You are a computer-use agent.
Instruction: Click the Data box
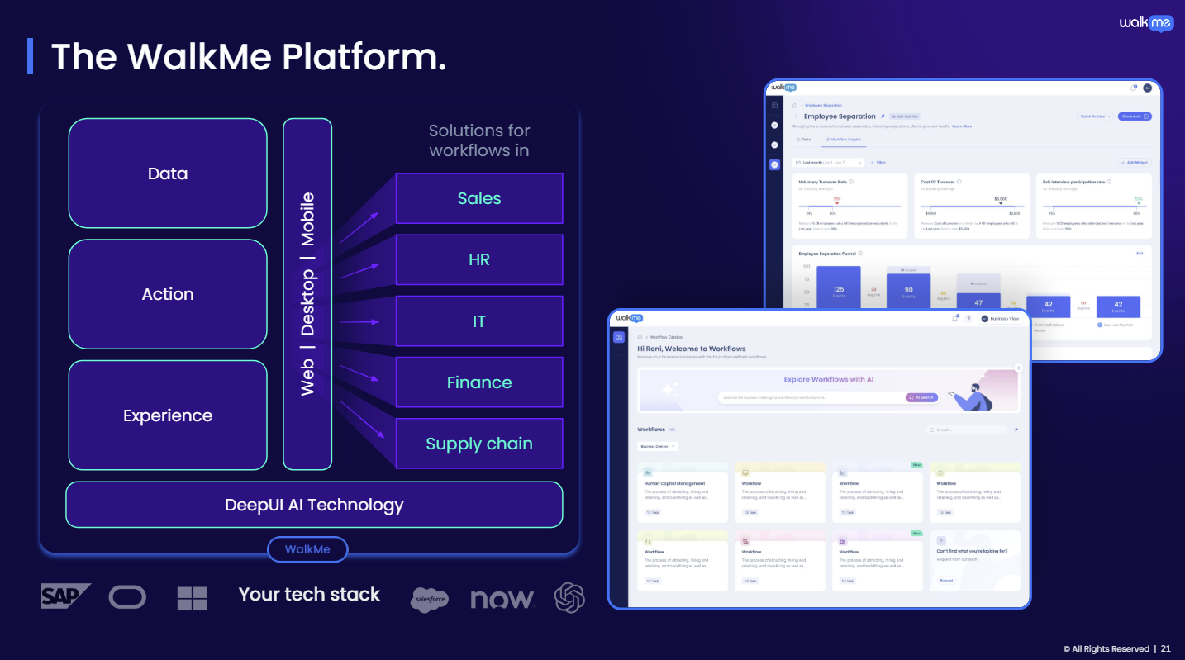tap(168, 173)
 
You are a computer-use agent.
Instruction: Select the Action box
tap(168, 294)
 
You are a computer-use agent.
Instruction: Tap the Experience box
tap(168, 415)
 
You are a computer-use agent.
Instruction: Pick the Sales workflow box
tap(479, 198)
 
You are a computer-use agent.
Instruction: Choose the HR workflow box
tap(479, 259)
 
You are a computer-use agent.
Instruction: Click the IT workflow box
tap(479, 321)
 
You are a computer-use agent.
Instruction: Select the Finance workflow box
tap(479, 382)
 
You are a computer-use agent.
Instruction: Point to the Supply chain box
tap(479, 444)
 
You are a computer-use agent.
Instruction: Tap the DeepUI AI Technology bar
tap(314, 505)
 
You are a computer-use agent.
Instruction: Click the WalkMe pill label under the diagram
tap(307, 549)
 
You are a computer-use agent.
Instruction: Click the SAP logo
tap(65, 596)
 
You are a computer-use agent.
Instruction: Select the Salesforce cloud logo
tap(430, 599)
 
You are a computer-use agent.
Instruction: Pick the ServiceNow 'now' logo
tap(502, 599)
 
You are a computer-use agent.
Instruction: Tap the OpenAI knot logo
tap(569, 597)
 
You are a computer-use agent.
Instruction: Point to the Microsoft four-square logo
tap(192, 598)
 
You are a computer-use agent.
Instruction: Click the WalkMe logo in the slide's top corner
tap(1146, 23)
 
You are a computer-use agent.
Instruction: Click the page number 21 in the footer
tap(1165, 648)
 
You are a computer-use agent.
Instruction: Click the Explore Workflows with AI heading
tap(829, 380)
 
